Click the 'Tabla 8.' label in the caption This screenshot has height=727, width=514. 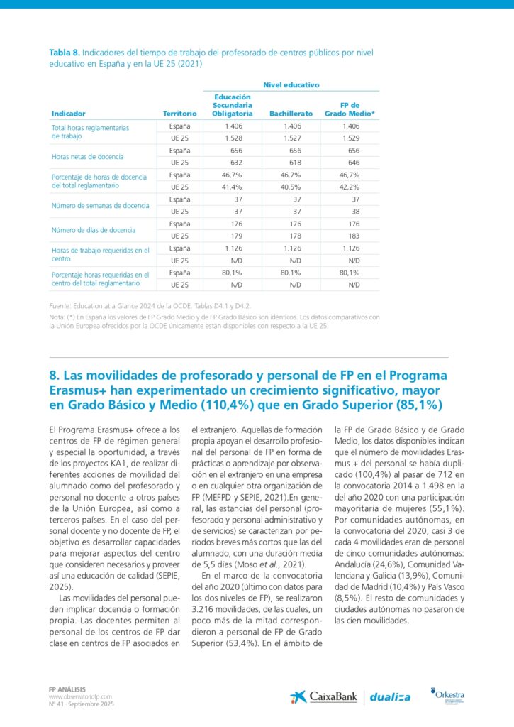pos(64,53)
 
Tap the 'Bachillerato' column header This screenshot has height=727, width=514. pos(291,113)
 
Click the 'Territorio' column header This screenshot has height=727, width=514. pos(179,113)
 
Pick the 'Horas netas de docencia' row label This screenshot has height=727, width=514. pos(87,155)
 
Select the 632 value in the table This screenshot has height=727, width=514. pos(238,162)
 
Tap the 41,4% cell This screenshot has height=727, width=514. pos(233,187)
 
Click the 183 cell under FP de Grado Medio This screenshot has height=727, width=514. pos(354,236)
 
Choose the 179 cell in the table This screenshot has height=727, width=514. pos(238,236)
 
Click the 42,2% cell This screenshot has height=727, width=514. pos(350,187)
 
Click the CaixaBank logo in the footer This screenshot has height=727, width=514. pos(323,696)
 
